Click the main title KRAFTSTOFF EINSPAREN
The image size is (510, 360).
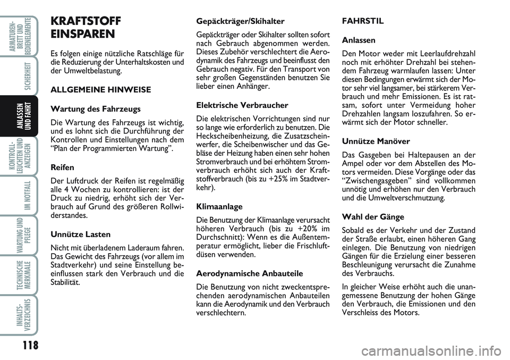click(85, 28)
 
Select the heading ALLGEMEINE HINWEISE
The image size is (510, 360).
click(101, 90)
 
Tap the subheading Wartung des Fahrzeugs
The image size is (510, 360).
click(96, 109)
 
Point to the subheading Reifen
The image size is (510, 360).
click(62, 167)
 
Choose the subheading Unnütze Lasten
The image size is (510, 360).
click(80, 234)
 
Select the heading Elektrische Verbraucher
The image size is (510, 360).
click(242, 105)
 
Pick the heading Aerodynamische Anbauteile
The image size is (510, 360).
click(250, 273)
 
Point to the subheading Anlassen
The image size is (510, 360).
click(360, 40)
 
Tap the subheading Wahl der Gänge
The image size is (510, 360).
click(373, 217)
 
